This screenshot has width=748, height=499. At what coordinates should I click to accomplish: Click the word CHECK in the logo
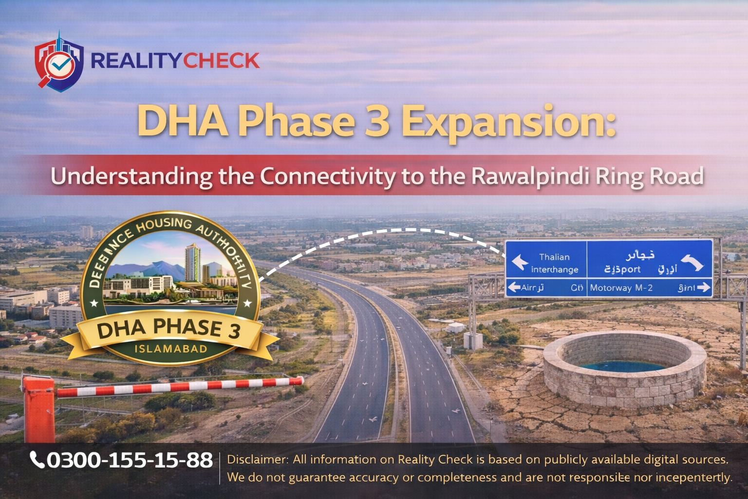tap(222, 61)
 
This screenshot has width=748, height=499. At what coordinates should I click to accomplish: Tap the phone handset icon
tap(37, 460)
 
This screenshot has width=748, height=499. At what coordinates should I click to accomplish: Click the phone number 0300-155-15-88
tap(130, 460)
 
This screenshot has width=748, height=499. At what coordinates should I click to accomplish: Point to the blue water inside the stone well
tap(623, 365)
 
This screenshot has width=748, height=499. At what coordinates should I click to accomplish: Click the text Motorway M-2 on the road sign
tap(621, 288)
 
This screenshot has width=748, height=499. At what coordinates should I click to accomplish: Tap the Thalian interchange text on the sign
tap(554, 263)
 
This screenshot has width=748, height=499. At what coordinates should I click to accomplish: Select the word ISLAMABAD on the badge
tap(170, 349)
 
